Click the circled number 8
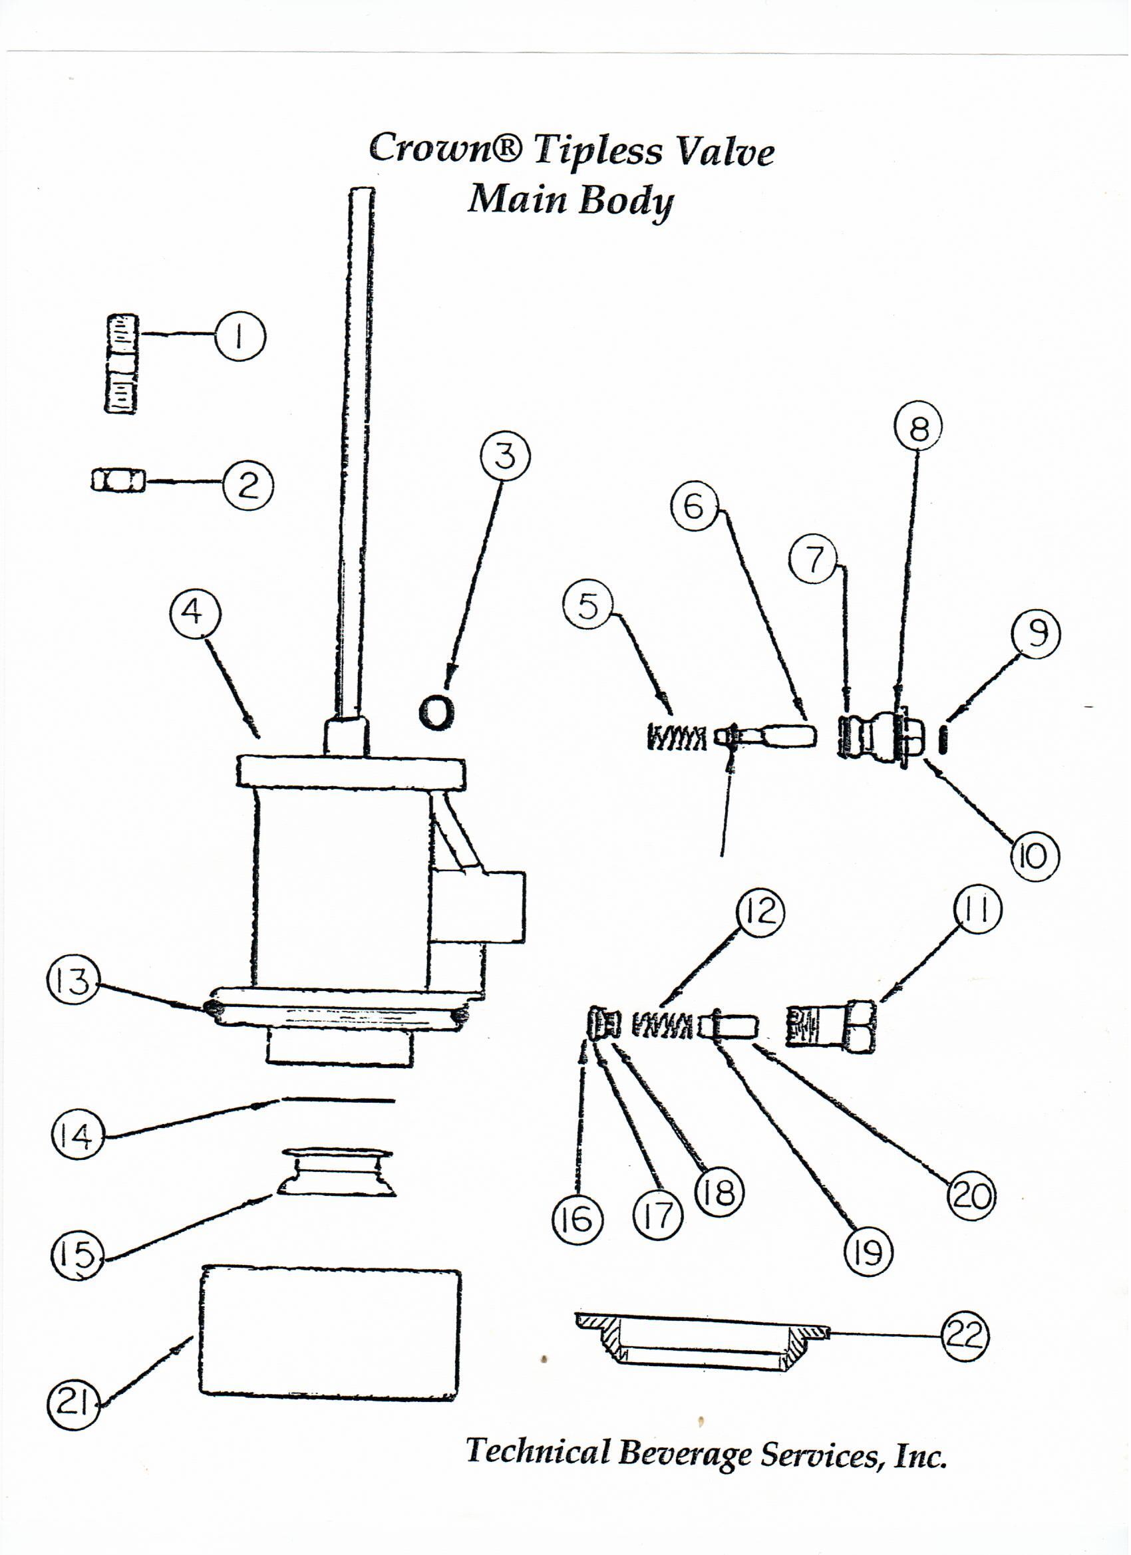click(917, 429)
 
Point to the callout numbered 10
click(1034, 856)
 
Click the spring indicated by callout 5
click(675, 738)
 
